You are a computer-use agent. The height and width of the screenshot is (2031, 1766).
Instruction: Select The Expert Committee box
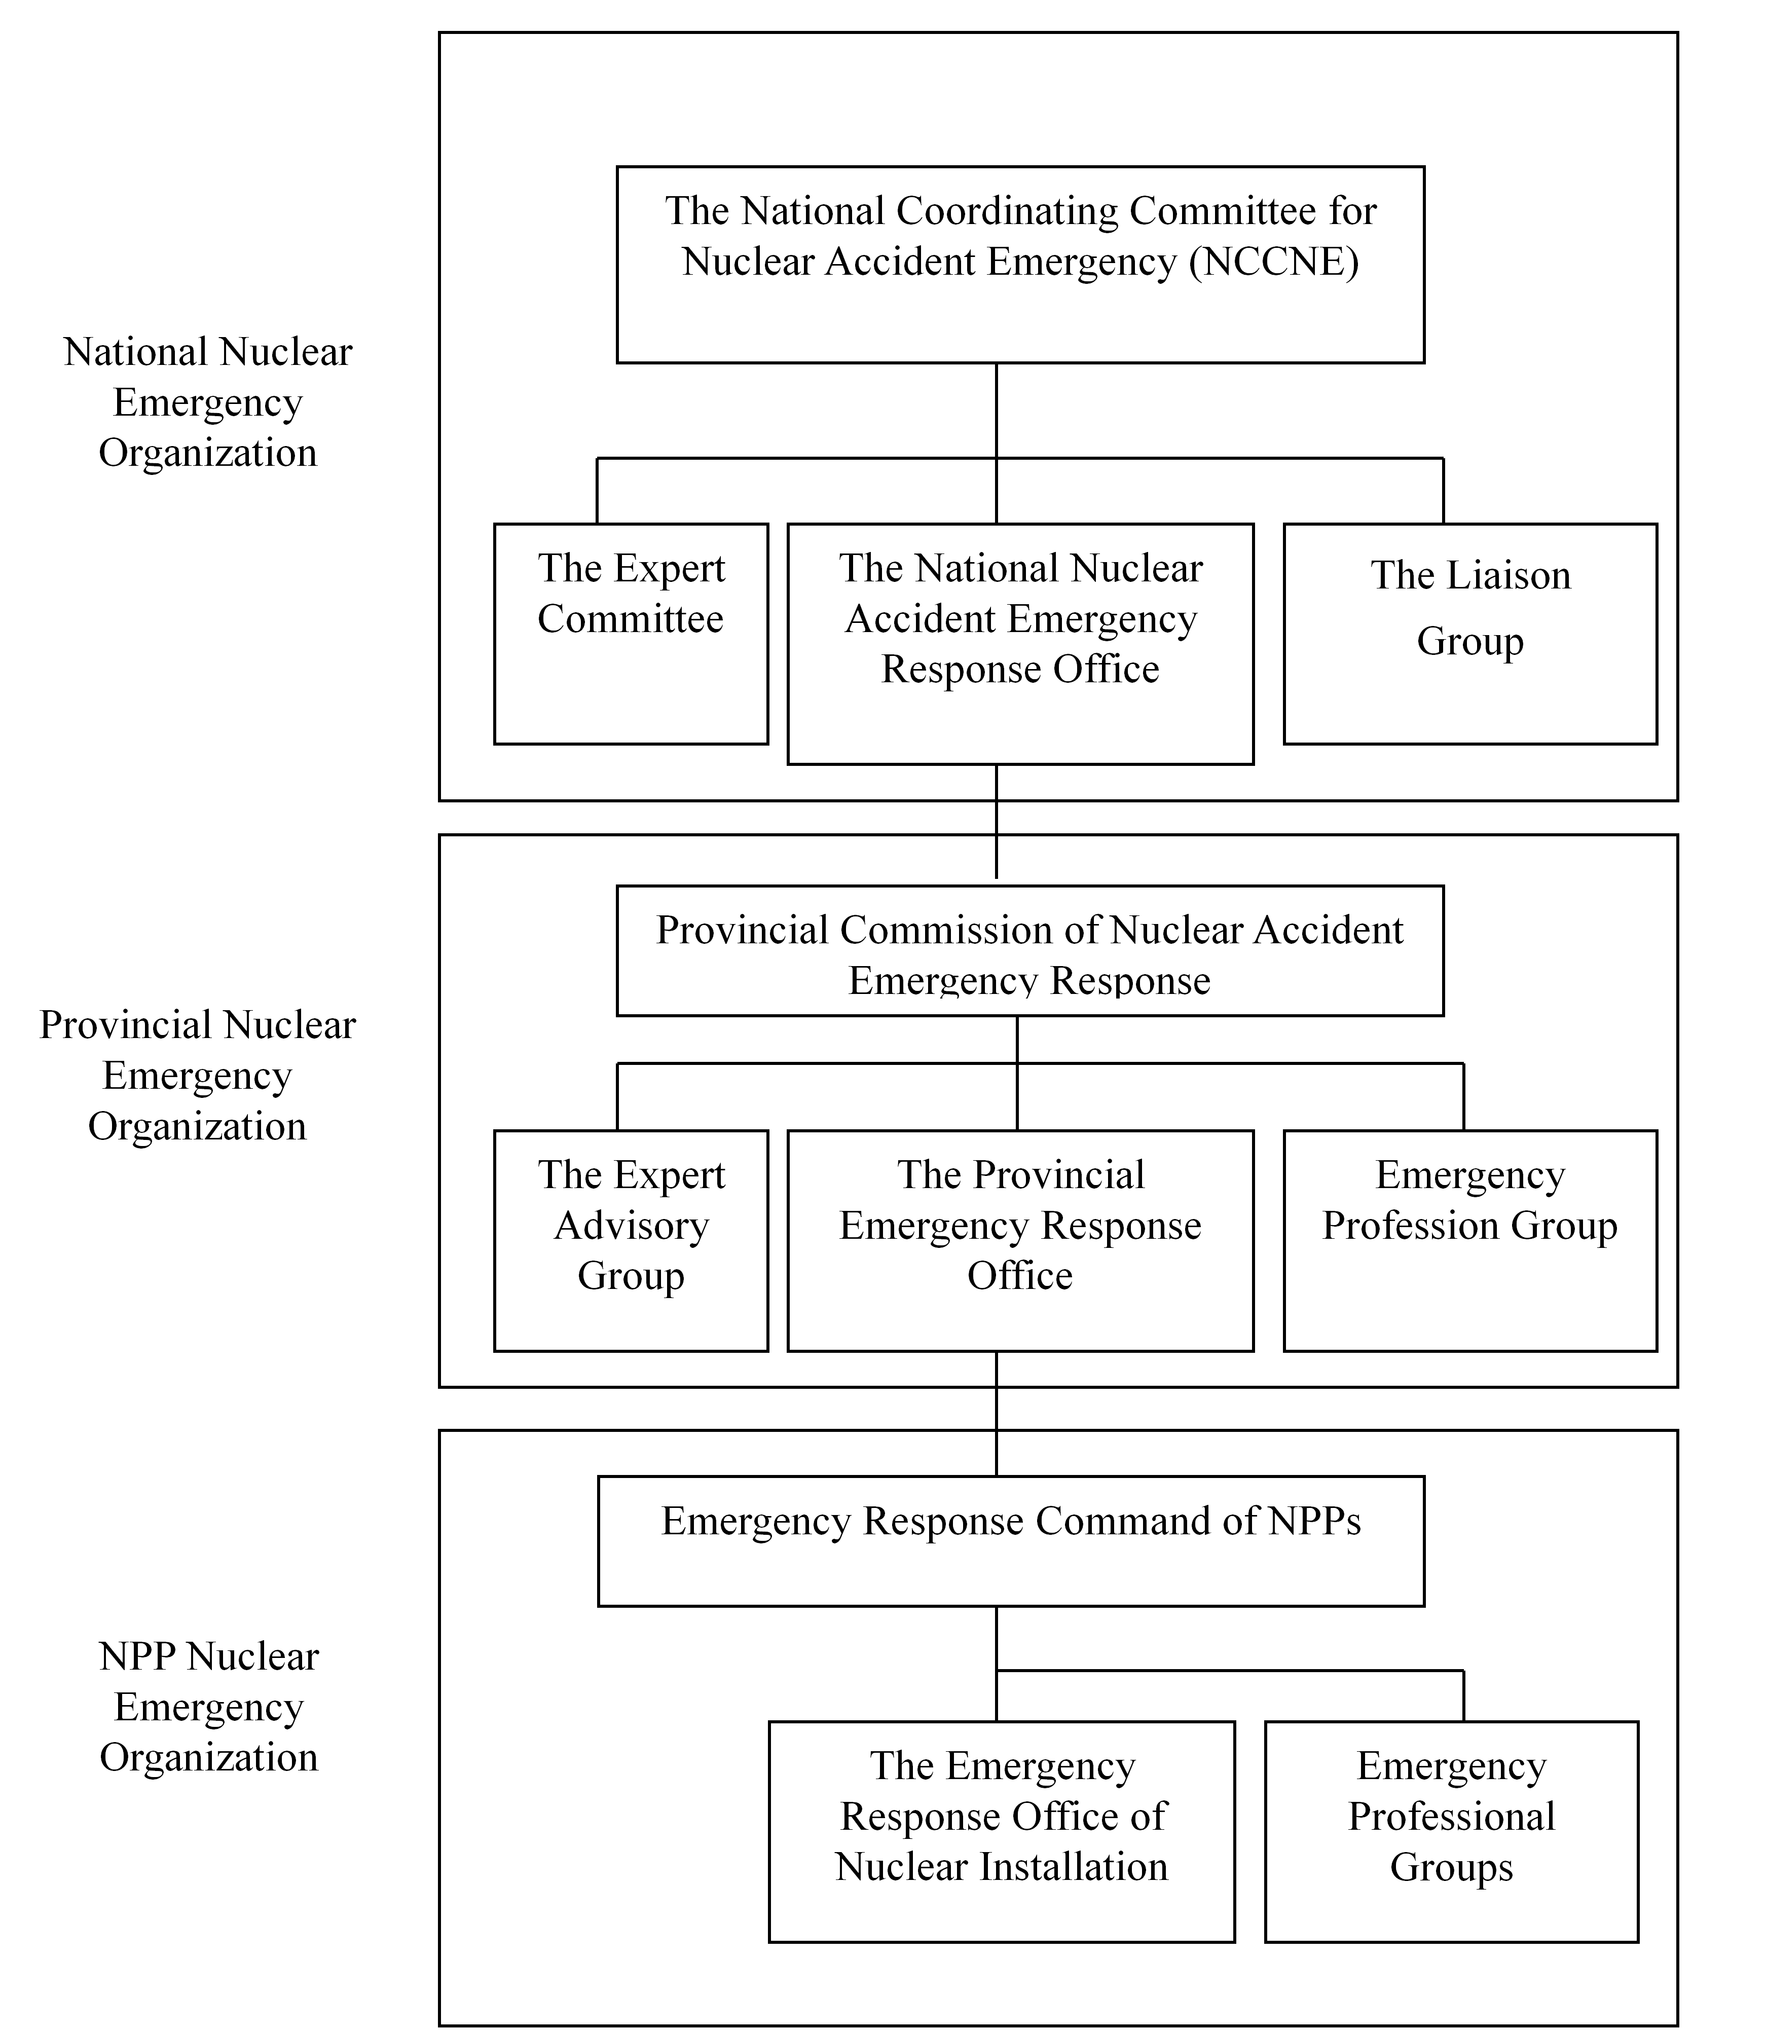pos(631,634)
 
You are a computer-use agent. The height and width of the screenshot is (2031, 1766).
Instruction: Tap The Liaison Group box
pos(1470,634)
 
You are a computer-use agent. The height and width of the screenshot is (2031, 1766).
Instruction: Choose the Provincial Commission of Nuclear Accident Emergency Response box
pos(1030,951)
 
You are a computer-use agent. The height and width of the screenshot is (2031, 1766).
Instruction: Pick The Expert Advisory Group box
pos(631,1241)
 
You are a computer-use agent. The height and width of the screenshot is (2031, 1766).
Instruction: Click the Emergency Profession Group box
pos(1470,1241)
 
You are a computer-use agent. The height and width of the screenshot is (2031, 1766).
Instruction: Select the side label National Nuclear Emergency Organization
pos(208,402)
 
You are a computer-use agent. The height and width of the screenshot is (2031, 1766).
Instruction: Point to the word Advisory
pos(632,1226)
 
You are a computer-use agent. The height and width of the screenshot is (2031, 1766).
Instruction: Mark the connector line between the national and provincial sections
pos(997,821)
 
